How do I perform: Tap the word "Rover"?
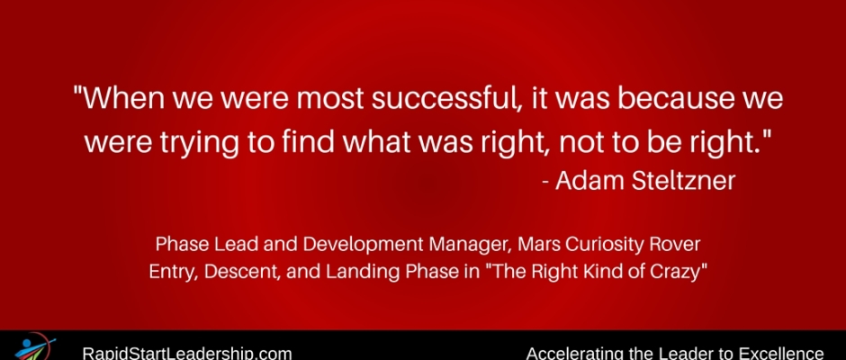(x=679, y=245)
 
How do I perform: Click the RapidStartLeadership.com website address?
(x=186, y=354)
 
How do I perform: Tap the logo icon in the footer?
(x=34, y=347)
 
